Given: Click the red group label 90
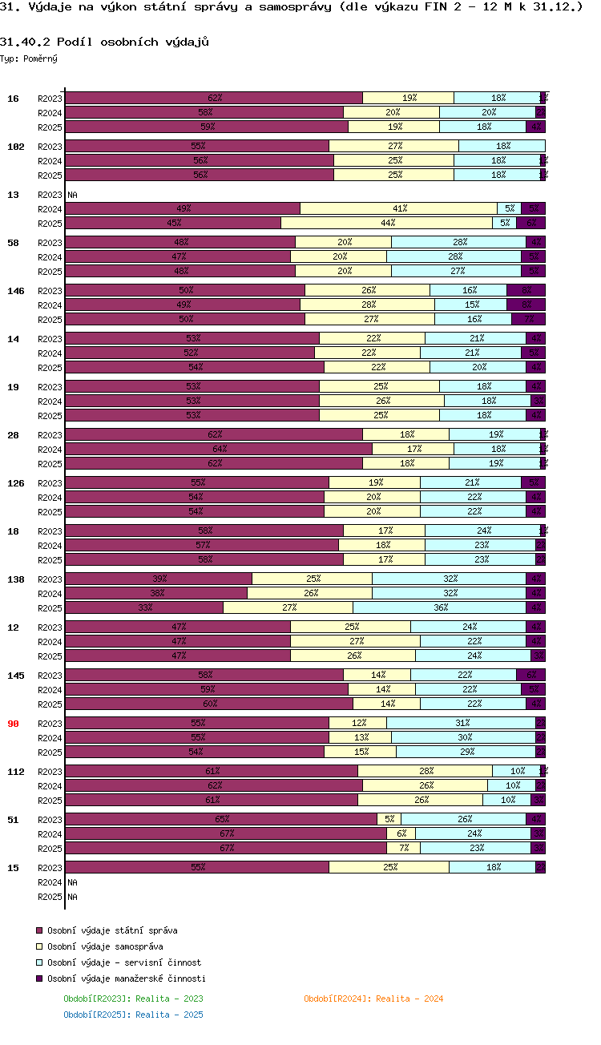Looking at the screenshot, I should (x=13, y=724).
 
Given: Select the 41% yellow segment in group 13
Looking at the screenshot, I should (x=398, y=208).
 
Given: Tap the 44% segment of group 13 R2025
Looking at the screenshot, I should (x=386, y=223).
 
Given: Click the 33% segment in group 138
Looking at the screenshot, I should (x=144, y=607).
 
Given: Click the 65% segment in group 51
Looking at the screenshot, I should (x=220, y=819).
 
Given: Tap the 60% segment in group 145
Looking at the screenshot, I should (x=208, y=704).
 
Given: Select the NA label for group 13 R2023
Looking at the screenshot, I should (x=72, y=195).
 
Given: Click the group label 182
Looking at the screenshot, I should (x=15, y=147).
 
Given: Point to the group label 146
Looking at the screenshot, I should (x=15, y=291).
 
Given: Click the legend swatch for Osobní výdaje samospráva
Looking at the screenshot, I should (x=38, y=946).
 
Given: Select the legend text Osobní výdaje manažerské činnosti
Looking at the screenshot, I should (x=126, y=978).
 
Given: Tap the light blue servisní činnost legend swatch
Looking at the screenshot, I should (x=38, y=962).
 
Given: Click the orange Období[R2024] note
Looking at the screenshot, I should (x=373, y=999).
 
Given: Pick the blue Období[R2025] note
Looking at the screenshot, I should (x=133, y=1015).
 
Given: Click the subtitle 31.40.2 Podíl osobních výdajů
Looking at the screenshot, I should (x=104, y=42).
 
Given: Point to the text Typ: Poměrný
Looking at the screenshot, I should (x=29, y=59).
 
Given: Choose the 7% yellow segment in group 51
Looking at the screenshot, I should (x=403, y=848).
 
